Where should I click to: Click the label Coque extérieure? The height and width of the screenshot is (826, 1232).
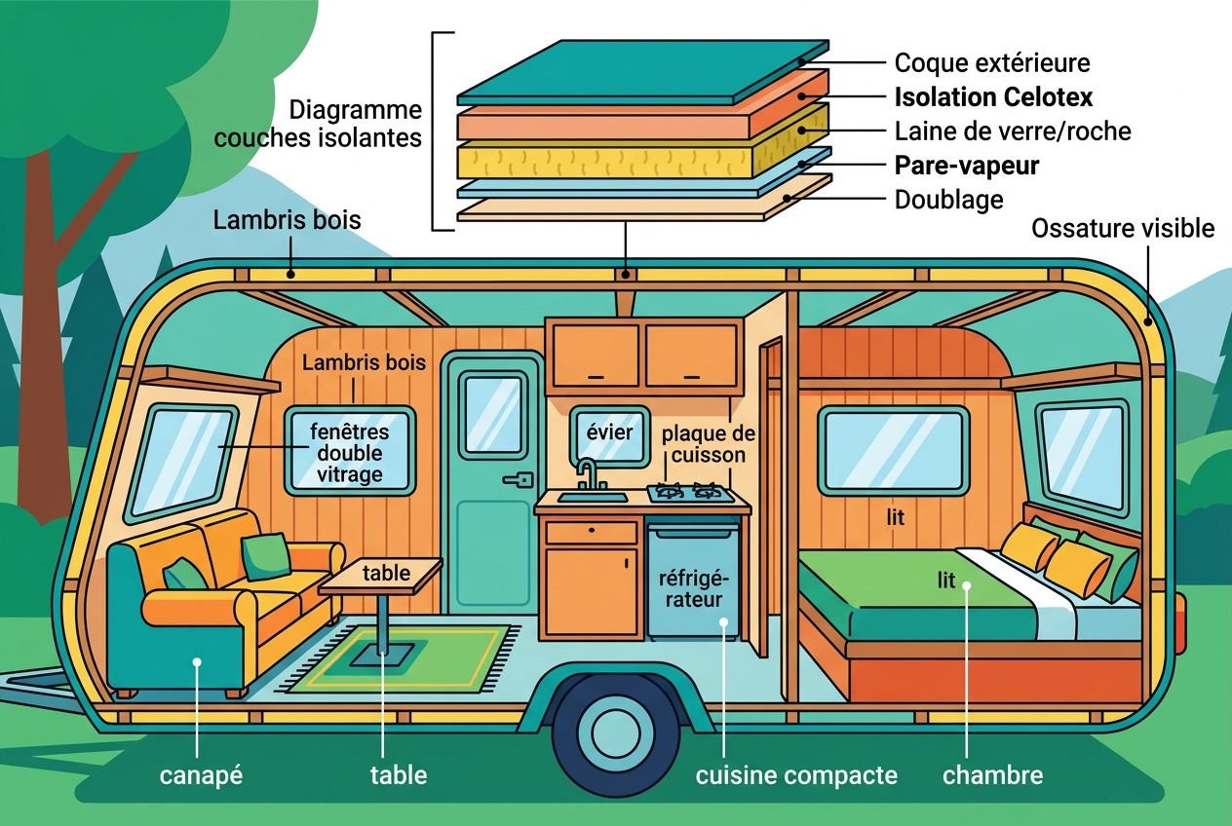click(x=992, y=63)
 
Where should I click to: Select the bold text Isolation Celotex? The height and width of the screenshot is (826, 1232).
click(x=993, y=97)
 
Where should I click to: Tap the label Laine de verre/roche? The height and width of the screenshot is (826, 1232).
click(x=1013, y=131)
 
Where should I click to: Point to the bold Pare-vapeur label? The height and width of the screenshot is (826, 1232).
click(x=967, y=166)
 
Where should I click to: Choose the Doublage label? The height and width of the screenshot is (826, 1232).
click(x=948, y=200)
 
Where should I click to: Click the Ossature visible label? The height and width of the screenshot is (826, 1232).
click(x=1123, y=229)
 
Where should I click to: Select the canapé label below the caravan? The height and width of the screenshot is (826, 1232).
click(x=201, y=776)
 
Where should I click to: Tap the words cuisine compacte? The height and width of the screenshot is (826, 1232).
click(x=796, y=776)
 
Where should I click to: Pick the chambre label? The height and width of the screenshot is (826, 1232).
click(x=992, y=776)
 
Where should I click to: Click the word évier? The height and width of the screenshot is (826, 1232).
click(x=609, y=432)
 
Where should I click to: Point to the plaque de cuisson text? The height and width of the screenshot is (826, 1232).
click(x=708, y=444)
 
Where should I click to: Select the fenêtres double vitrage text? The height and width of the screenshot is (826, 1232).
click(x=349, y=453)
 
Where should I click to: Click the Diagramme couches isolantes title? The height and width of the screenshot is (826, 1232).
click(x=318, y=124)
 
